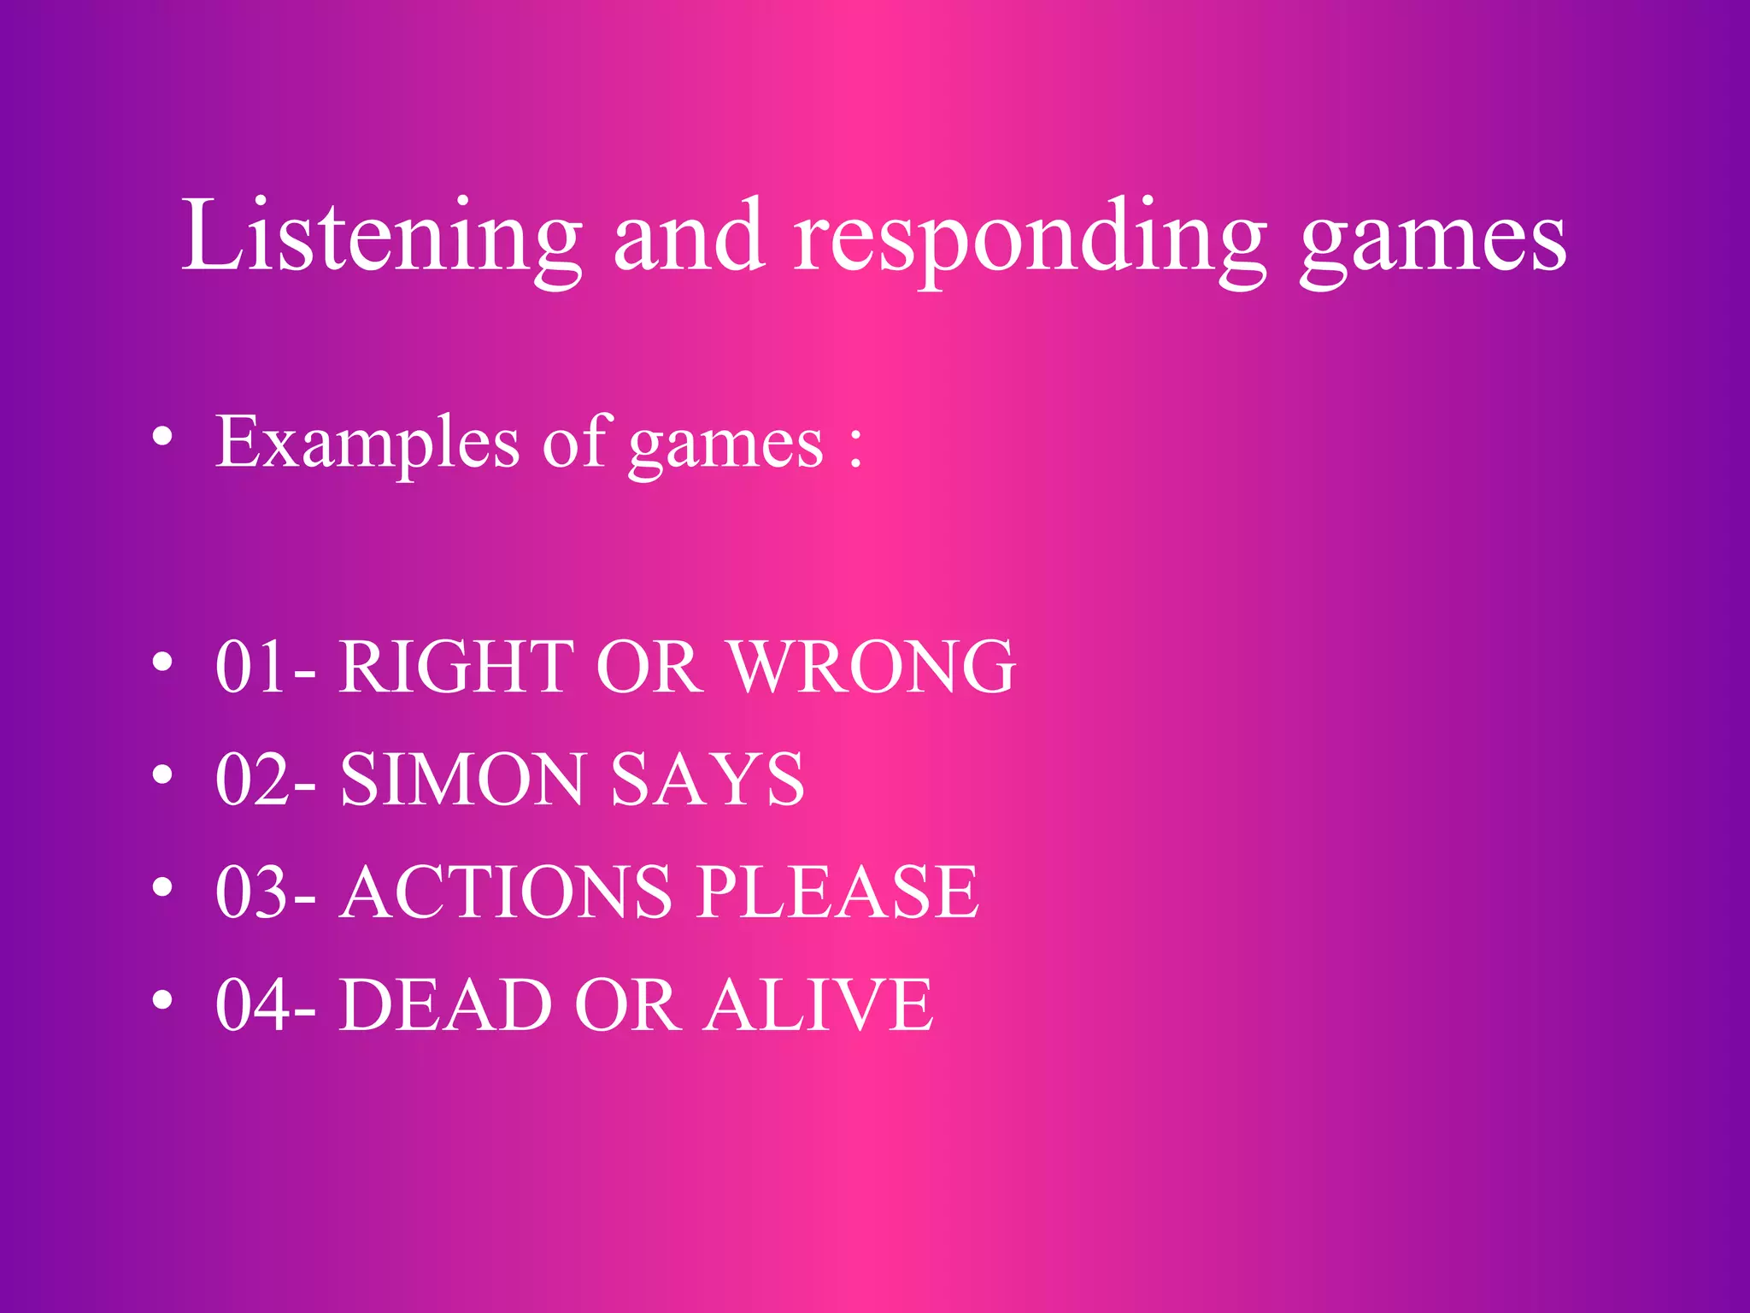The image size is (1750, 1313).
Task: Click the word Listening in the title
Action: coord(381,237)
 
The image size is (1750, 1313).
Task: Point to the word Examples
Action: coord(367,444)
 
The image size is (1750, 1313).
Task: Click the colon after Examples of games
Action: coord(854,447)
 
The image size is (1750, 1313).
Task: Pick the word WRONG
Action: coord(872,667)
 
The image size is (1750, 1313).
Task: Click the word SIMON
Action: coord(462,780)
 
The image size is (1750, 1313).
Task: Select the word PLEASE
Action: coord(837,892)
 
